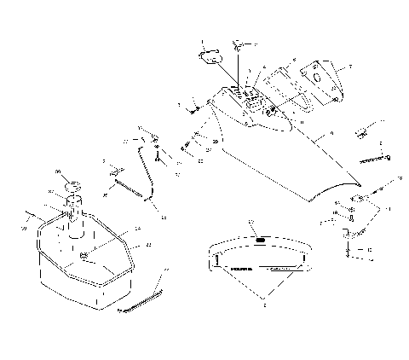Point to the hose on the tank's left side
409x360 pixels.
[x=34, y=212]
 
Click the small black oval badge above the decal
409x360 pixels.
[x=258, y=241]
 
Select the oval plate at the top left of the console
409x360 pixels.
[x=210, y=56]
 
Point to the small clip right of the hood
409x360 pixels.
[x=361, y=133]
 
